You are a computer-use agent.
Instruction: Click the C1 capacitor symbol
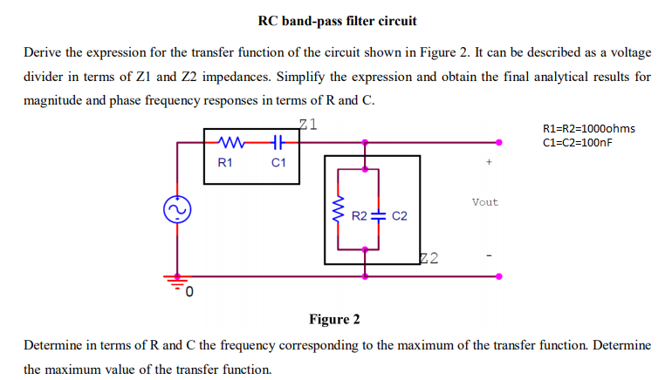point(278,141)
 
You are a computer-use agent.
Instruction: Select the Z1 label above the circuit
point(308,123)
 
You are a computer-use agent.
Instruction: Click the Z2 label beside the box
point(429,257)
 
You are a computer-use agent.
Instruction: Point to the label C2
point(400,214)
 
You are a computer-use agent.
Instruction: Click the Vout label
point(484,202)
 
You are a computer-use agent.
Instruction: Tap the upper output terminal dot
point(499,141)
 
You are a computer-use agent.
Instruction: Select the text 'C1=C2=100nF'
point(578,142)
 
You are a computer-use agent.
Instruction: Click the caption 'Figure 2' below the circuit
point(335,319)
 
